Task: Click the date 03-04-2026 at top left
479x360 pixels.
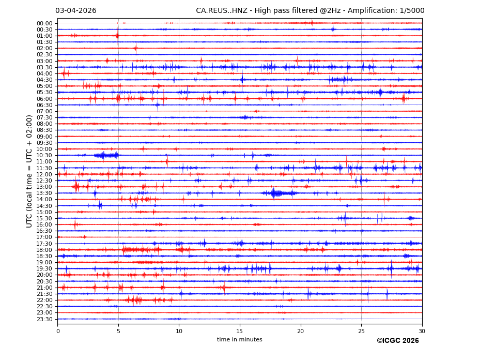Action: (x=75, y=11)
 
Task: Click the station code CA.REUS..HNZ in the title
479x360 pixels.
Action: (x=222, y=11)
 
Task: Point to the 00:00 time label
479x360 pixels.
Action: (x=44, y=23)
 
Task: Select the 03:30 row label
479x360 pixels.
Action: (x=44, y=67)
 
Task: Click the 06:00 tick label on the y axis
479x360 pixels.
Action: (x=44, y=99)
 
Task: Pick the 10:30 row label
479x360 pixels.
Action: (x=44, y=155)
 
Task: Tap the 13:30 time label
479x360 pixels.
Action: (x=44, y=193)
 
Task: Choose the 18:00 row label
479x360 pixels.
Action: (x=44, y=250)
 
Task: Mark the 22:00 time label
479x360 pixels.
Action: (x=44, y=300)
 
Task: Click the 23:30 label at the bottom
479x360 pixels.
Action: (x=44, y=319)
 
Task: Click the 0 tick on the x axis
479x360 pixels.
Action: (x=58, y=331)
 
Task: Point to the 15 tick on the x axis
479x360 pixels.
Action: (x=240, y=331)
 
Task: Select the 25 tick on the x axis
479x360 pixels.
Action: (x=361, y=331)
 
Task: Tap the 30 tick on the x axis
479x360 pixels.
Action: (x=422, y=331)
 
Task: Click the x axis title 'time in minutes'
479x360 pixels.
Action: (x=240, y=340)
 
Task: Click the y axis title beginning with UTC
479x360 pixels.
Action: (x=30, y=171)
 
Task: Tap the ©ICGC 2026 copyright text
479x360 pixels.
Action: (x=397, y=341)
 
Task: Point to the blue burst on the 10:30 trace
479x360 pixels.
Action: (x=106, y=155)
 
